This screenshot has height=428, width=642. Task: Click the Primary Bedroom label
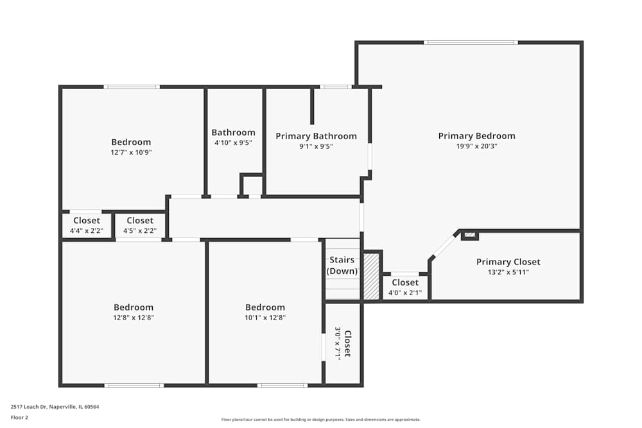click(476, 136)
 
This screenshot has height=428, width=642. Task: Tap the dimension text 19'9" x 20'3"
click(476, 146)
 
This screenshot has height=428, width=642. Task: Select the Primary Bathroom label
click(316, 136)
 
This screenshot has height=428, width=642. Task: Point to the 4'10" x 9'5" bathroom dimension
click(234, 143)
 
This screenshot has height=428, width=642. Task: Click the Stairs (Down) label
click(342, 265)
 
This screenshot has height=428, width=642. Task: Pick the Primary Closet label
click(508, 262)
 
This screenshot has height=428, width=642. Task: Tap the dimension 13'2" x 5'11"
click(508, 272)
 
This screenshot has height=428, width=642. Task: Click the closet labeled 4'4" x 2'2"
click(87, 225)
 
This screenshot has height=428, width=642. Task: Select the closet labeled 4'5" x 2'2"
click(140, 225)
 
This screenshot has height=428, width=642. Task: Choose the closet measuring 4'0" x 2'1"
click(405, 287)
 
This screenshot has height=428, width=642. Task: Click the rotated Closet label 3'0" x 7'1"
click(343, 344)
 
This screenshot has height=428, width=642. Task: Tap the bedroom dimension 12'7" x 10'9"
click(131, 153)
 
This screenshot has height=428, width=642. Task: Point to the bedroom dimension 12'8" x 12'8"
click(134, 318)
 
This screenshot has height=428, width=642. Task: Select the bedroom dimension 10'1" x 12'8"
click(265, 318)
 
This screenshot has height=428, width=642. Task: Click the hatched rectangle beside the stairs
click(372, 276)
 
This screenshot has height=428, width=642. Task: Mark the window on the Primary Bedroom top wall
click(471, 42)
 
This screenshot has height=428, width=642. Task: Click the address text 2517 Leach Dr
click(29, 407)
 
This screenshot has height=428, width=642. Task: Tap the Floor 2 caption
click(19, 417)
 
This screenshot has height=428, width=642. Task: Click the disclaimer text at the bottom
click(320, 420)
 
